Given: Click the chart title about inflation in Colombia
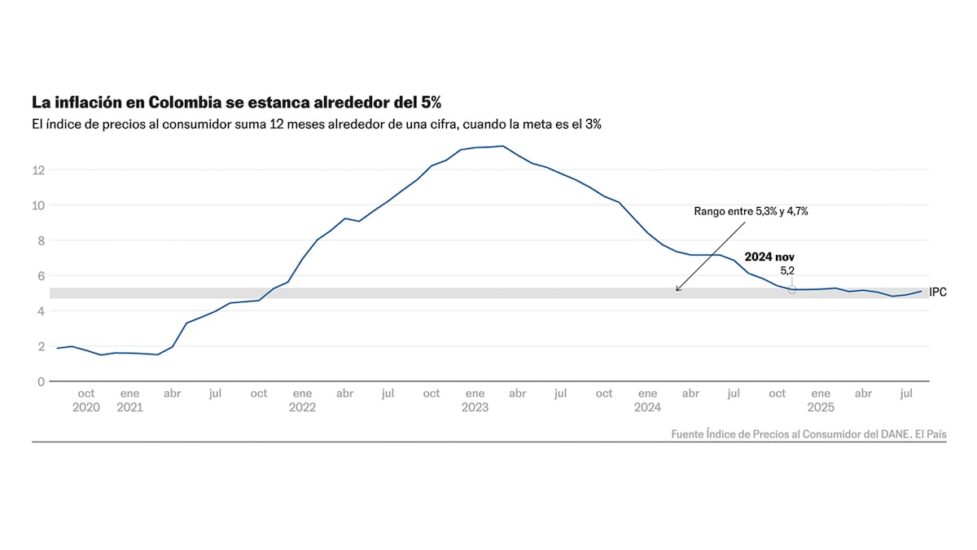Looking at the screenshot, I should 236,103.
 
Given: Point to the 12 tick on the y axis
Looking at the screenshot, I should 38,169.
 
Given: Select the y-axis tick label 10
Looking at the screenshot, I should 38,205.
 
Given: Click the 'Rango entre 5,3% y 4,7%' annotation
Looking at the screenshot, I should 750,211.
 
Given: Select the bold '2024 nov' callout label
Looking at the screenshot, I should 769,257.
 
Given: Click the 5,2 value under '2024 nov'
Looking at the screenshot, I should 787,270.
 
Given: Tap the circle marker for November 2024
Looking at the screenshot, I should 791,289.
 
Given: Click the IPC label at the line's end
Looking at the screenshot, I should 938,292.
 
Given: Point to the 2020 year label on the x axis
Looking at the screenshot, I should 86,407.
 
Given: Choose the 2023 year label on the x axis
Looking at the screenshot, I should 475,407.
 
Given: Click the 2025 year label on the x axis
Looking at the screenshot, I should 821,407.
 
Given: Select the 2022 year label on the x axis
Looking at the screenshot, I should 302,407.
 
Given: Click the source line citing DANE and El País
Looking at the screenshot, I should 808,434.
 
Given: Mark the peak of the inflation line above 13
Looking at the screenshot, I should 503,146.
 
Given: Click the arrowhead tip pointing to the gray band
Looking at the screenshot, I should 677,291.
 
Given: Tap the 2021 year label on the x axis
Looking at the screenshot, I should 129,407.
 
